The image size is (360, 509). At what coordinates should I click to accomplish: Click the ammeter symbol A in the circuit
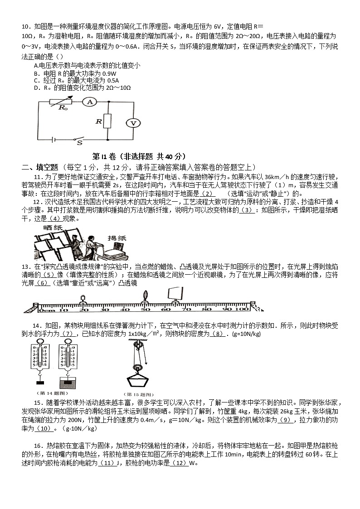pos(89,102)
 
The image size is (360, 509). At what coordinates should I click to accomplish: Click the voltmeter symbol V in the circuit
pos(133,123)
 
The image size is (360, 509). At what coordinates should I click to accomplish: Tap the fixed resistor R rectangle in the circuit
pos(107,121)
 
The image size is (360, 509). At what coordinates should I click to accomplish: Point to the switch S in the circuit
pos(80,140)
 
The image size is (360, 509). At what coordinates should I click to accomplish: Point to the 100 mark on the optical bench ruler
pos(241,309)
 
